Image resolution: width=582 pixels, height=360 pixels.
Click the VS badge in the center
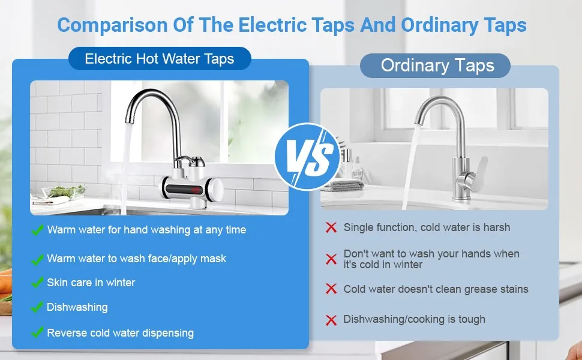307,157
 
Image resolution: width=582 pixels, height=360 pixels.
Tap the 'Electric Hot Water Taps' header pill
160,59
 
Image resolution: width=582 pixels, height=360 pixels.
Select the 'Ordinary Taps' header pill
435,65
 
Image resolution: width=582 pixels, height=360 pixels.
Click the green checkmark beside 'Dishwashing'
37,307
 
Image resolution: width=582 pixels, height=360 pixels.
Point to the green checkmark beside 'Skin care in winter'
37,283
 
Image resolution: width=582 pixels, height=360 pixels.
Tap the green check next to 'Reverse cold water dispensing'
37,332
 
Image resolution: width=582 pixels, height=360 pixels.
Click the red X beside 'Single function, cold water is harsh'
331,227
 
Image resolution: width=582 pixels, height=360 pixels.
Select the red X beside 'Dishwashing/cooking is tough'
331,320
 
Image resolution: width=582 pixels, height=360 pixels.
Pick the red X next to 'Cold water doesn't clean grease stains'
331,289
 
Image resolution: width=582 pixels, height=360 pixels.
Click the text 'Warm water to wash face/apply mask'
137,259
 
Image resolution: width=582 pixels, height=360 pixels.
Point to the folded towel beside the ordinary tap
342,185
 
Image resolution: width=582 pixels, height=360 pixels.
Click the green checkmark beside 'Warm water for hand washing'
37,230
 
